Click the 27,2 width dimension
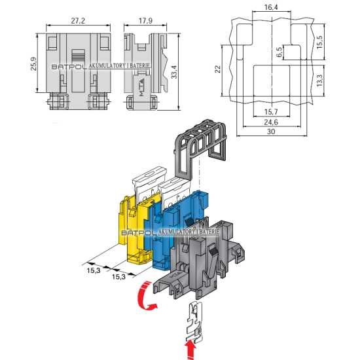(78, 21)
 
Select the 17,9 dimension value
(145, 21)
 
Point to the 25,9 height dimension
(33, 63)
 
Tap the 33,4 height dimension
(175, 72)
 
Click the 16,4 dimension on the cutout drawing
(271, 7)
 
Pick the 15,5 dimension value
(319, 42)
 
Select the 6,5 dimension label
(279, 52)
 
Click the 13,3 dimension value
(319, 81)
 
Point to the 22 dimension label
(217, 69)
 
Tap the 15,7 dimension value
(271, 112)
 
